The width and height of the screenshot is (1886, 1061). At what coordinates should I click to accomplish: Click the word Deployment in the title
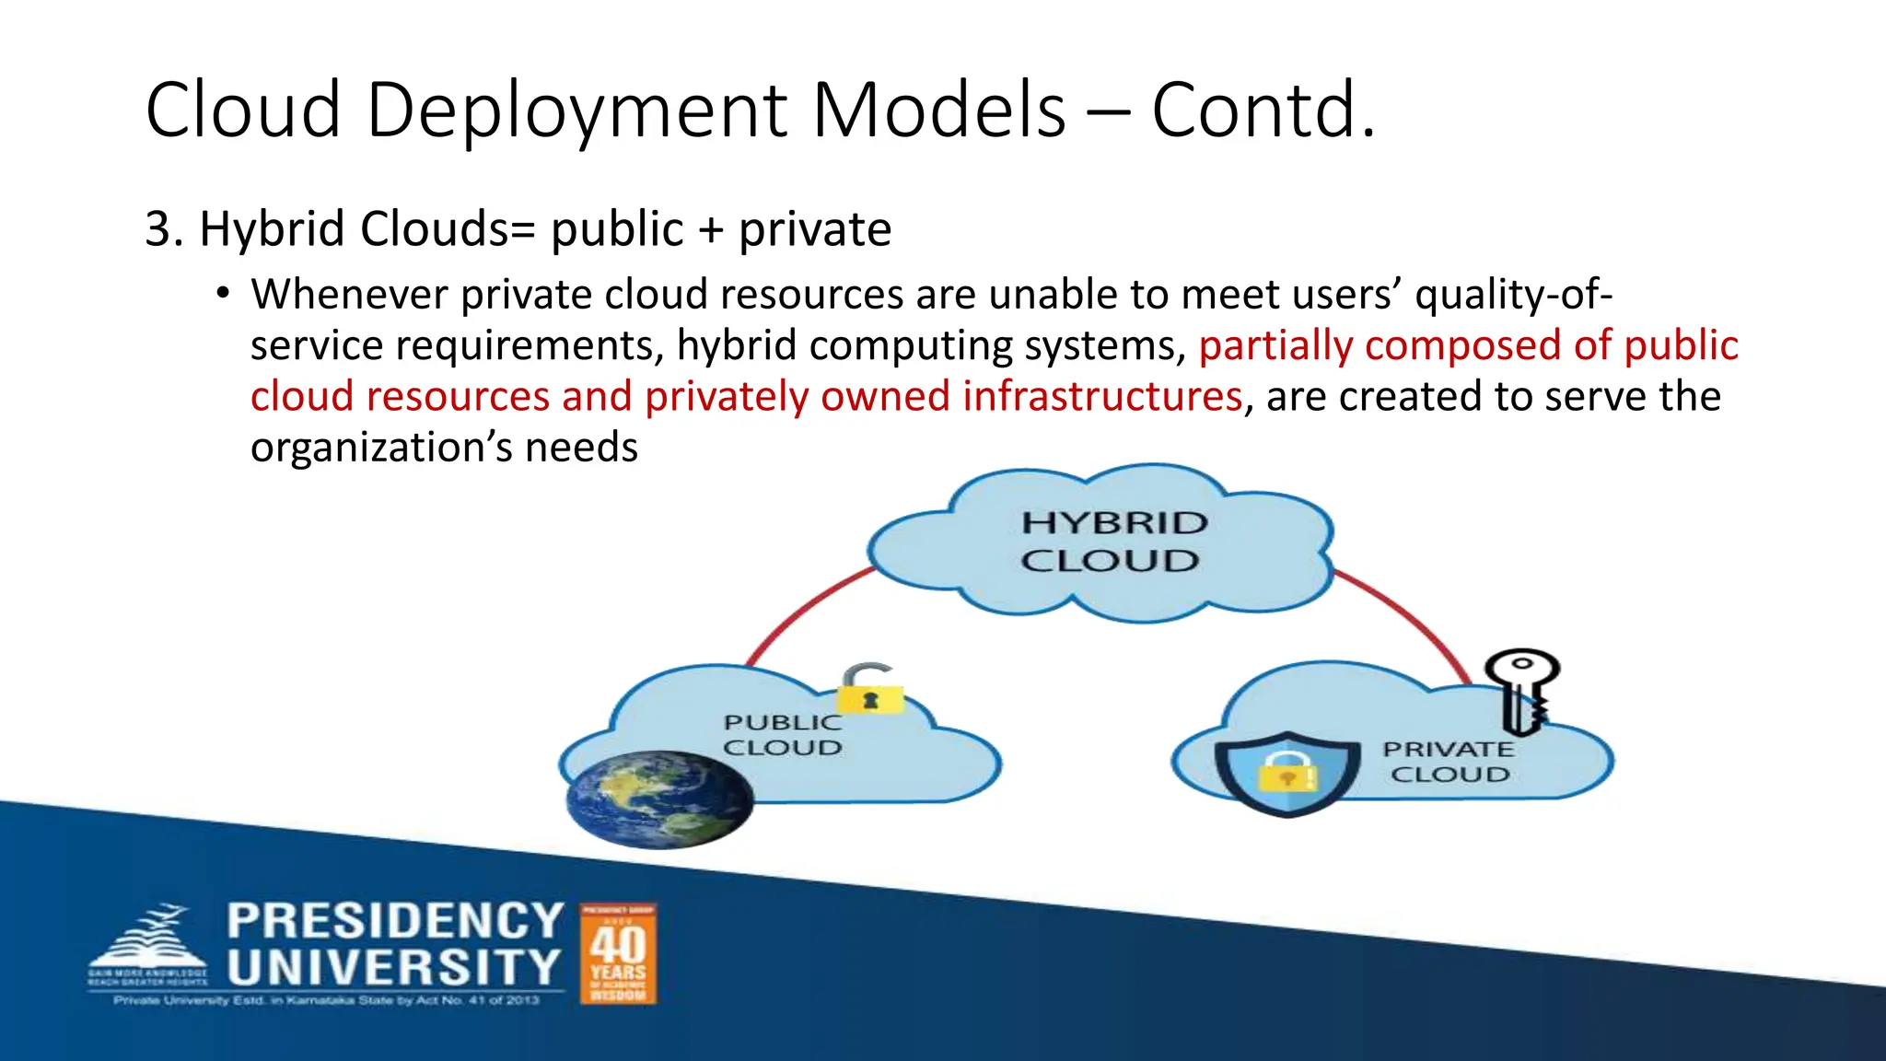point(577,111)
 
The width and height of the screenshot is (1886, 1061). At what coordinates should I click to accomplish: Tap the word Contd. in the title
point(1263,111)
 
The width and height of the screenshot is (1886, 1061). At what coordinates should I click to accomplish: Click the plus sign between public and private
point(710,230)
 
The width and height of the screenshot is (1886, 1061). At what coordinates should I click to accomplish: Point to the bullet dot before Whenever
point(222,294)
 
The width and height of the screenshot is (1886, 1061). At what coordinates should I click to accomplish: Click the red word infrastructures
point(1102,397)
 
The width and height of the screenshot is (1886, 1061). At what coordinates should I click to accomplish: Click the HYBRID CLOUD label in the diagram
point(1112,542)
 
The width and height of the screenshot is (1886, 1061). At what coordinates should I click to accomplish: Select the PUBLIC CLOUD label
point(782,735)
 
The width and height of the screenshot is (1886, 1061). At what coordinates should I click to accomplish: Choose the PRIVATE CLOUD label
point(1449,762)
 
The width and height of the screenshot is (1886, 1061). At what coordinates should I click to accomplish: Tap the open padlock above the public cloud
point(870,689)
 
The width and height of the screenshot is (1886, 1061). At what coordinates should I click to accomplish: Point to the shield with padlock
point(1287,772)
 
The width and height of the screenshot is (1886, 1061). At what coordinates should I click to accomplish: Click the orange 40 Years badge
point(618,953)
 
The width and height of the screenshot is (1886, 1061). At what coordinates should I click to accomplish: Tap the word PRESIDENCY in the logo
point(395,921)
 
